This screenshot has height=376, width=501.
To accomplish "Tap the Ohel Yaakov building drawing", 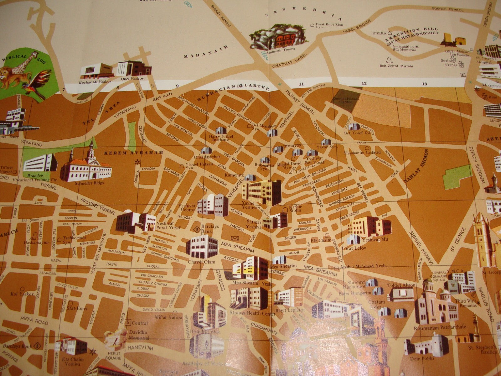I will point(134,68).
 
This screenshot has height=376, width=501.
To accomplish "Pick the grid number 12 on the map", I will point(364,84).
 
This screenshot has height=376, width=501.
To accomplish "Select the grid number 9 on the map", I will point(177,86).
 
